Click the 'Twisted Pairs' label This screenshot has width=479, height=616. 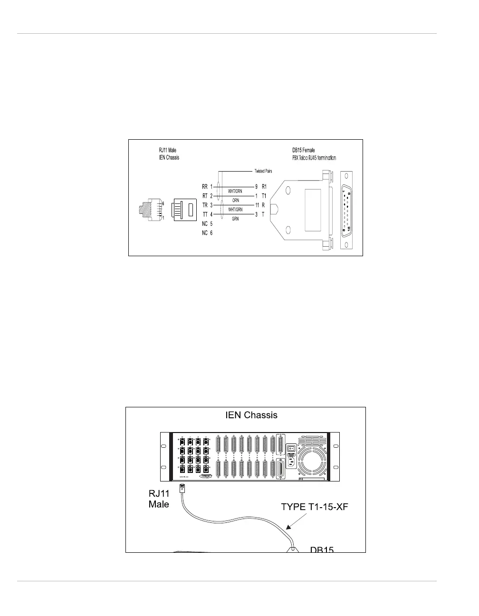[262, 171]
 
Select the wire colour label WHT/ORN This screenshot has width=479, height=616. [235, 192]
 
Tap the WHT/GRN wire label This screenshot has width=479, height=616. [235, 210]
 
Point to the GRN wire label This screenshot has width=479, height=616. [235, 219]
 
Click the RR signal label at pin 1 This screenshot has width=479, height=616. [204, 187]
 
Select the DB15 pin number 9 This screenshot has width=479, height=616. [257, 187]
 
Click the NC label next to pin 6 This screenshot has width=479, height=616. [204, 233]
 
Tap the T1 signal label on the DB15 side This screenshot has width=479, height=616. [264, 196]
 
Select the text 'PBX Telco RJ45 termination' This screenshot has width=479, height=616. [314, 157]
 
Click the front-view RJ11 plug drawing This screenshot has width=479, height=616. [183, 210]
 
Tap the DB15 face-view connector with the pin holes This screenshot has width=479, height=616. [345, 210]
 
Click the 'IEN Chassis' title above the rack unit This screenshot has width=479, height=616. [251, 415]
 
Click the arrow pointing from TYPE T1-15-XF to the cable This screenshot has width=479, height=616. [292, 522]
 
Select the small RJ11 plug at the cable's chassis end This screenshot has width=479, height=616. [182, 488]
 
